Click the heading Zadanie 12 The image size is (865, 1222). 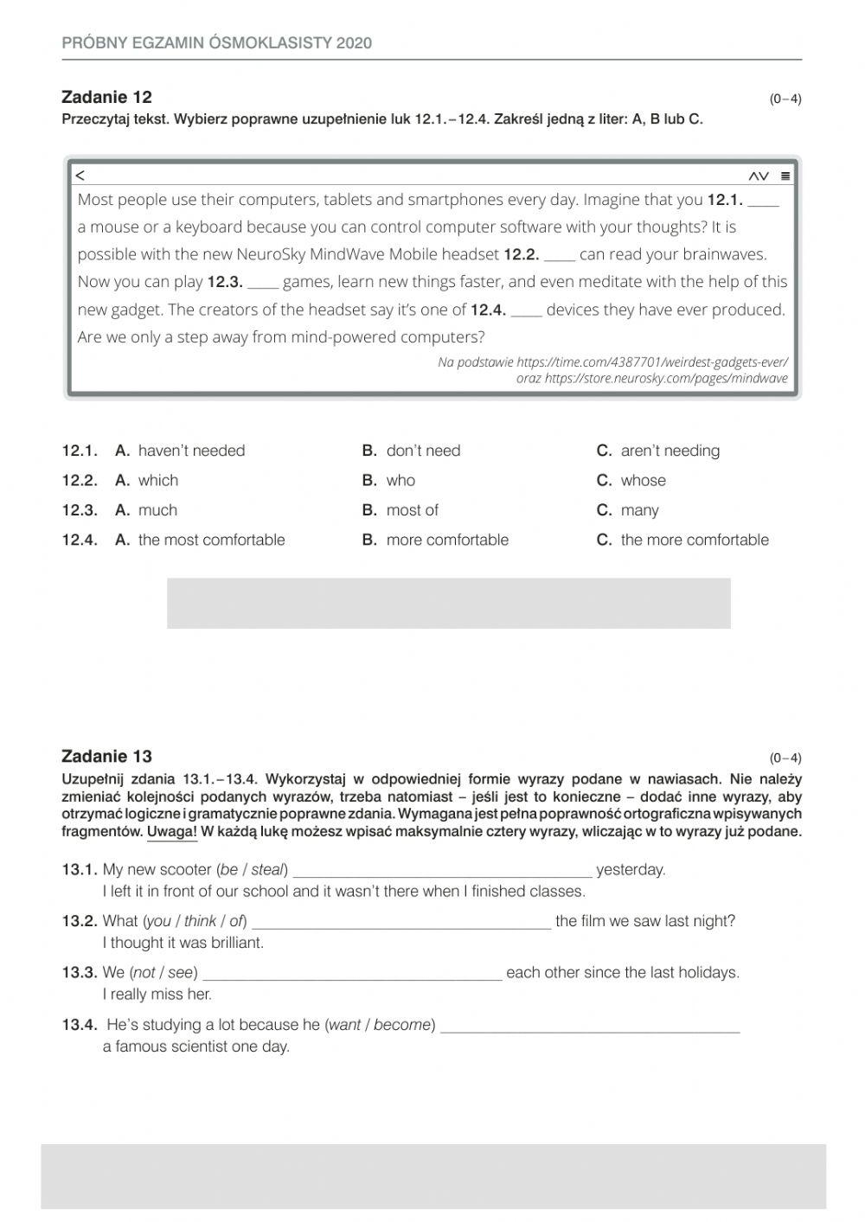[106, 97]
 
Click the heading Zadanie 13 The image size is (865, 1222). [106, 757]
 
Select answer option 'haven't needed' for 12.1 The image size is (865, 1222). [190, 451]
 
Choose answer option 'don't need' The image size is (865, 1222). [422, 451]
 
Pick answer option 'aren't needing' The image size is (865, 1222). [669, 451]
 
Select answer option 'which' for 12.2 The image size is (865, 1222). [157, 481]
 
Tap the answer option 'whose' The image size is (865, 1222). [642, 481]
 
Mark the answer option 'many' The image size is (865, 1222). [638, 510]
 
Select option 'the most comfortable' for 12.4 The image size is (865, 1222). [211, 540]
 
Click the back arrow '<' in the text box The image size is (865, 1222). [80, 176]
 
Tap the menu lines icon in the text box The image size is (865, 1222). [785, 176]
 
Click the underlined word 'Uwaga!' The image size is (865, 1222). [172, 832]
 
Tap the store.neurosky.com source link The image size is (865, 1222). [666, 379]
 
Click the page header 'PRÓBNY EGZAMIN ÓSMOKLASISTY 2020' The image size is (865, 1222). [217, 43]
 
